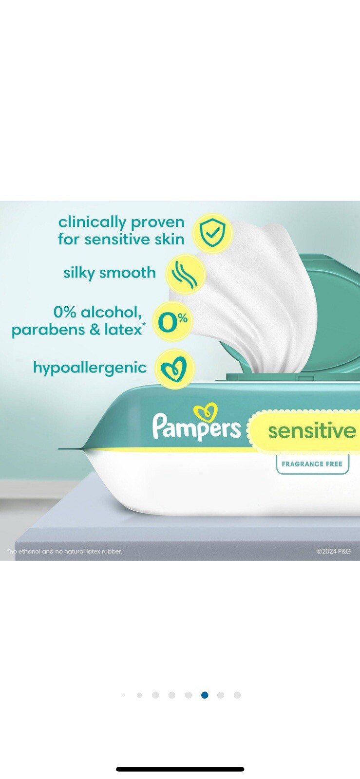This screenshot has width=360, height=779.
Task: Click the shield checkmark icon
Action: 212,233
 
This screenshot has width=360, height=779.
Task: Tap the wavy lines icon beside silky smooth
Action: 185,275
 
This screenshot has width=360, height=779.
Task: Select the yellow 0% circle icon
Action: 172,321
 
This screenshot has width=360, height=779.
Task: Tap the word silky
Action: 78,273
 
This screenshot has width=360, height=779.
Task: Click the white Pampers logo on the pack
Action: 196,427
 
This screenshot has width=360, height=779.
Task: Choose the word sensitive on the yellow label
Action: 312,430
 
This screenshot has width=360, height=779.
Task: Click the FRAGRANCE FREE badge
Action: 312,464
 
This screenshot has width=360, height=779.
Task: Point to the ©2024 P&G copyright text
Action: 333,551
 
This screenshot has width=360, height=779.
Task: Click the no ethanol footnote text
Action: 65,551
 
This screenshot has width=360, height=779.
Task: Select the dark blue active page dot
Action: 205,695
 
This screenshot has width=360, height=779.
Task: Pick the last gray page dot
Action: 237,695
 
